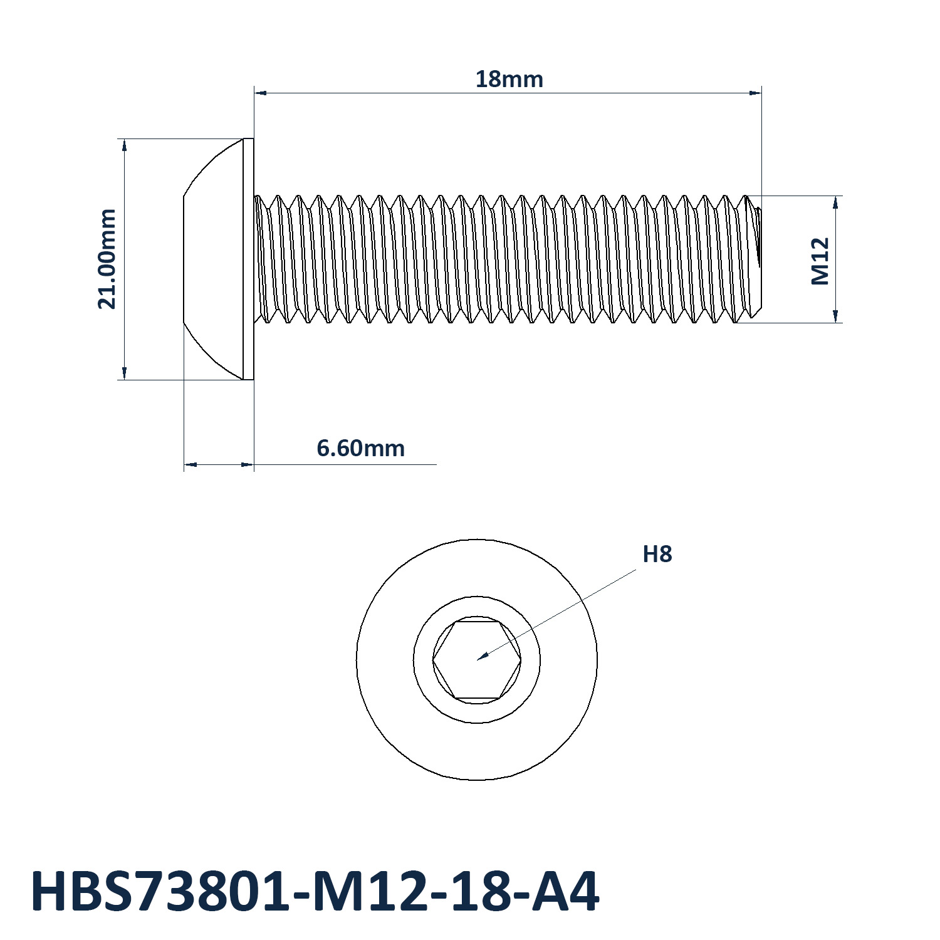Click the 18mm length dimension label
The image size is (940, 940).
click(x=509, y=80)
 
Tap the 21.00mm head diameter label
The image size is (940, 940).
click(x=107, y=259)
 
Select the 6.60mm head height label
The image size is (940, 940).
click(x=360, y=448)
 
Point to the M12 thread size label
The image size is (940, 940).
click(x=820, y=261)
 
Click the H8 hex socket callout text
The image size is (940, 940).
click(x=657, y=555)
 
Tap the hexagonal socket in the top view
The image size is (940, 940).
click(x=477, y=660)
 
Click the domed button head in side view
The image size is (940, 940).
click(x=213, y=259)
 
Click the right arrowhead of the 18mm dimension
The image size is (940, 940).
click(x=756, y=93)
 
